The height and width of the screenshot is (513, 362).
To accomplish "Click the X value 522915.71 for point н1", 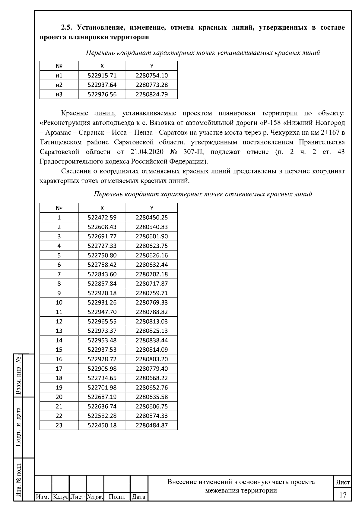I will tap(102, 76).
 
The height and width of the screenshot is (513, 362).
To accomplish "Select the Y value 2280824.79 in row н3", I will tap(152, 94).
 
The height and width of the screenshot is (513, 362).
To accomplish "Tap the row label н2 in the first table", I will tap(59, 85).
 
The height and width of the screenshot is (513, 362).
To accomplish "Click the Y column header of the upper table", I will tap(152, 66).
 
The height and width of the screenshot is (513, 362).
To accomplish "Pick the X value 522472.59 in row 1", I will tap(102, 218).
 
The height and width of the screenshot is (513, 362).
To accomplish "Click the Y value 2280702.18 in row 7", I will tap(152, 274).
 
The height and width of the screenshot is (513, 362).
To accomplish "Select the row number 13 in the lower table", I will tap(59, 331).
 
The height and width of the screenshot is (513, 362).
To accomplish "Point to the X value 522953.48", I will tap(102, 340).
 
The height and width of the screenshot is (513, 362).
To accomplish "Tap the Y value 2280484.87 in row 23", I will tap(152, 425).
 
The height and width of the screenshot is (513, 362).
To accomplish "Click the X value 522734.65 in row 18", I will tap(102, 378).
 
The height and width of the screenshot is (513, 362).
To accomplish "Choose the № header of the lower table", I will tap(59, 208).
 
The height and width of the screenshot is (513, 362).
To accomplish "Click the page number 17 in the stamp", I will tap(343, 495).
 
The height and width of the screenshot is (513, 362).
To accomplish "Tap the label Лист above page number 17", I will tap(343, 482).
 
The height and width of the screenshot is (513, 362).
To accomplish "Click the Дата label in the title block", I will tap(139, 497).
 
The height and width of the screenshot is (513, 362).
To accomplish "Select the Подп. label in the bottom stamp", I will tap(117, 497).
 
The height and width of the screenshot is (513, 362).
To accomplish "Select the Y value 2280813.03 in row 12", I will tap(152, 321).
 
